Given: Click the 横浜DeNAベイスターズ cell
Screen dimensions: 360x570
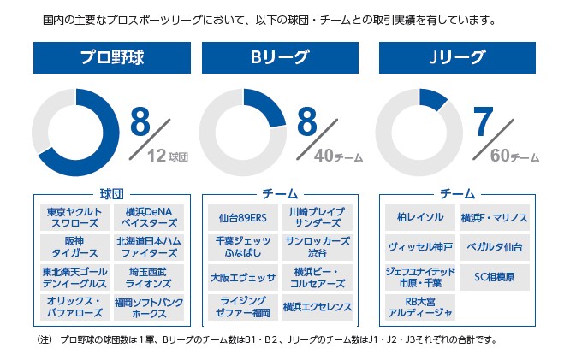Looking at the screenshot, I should [x=148, y=217].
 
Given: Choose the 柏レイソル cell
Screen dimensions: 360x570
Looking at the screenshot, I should [x=419, y=217].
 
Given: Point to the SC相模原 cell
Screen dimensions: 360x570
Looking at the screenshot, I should [x=494, y=277].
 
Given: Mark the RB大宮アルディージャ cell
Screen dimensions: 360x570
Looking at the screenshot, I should [x=419, y=307].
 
